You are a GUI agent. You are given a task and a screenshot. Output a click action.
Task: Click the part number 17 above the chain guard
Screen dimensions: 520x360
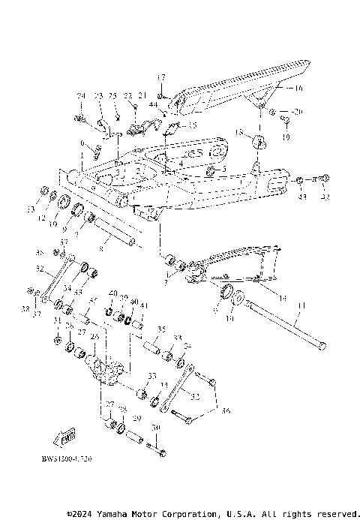click(160, 77)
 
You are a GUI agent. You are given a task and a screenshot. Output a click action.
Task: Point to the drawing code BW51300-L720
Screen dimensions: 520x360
click(73, 455)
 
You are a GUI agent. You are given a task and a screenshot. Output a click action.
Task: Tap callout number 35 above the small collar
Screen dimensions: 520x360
click(160, 329)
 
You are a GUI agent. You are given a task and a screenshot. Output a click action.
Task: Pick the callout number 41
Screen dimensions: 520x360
click(144, 305)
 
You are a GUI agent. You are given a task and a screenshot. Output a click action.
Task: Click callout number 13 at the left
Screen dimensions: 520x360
click(31, 209)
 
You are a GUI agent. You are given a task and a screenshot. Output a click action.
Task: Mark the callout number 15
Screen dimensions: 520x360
click(192, 125)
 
